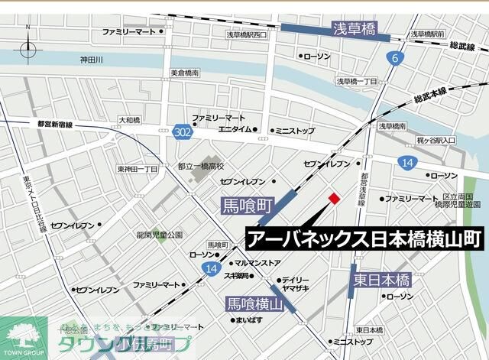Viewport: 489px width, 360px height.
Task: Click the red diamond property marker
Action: click(x=334, y=199)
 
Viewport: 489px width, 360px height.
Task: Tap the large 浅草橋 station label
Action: click(x=355, y=30)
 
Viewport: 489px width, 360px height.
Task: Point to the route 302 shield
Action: click(x=181, y=131)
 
